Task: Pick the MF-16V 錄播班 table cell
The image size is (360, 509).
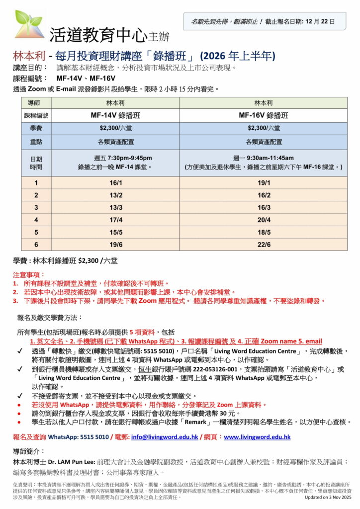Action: [x=263, y=115]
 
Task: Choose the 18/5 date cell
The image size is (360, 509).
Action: [x=264, y=232]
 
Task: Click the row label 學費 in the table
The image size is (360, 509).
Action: [x=36, y=128]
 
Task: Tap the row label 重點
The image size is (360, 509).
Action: [x=36, y=142]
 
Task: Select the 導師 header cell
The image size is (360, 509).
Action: [x=36, y=103]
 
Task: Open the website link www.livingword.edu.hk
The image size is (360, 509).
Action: [x=257, y=437]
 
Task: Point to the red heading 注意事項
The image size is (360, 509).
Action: [x=29, y=274]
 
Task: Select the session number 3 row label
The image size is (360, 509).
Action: [x=36, y=207]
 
